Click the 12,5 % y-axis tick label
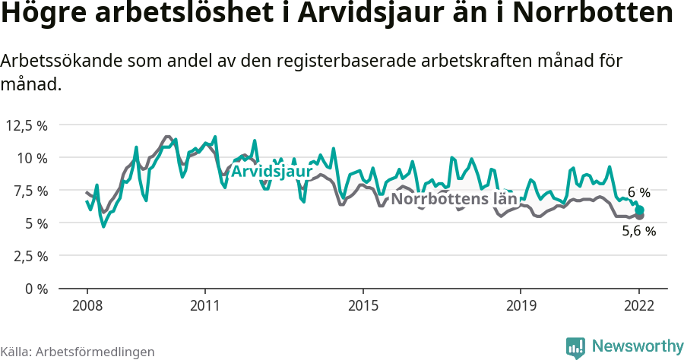[27, 125]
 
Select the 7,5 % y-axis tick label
[28, 191]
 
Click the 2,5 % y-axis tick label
[28, 256]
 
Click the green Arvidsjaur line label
[271, 172]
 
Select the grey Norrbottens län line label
[454, 200]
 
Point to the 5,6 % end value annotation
[638, 232]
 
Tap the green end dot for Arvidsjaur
[640, 210]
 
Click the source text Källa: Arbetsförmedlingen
[78, 352]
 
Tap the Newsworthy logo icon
[575, 347]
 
